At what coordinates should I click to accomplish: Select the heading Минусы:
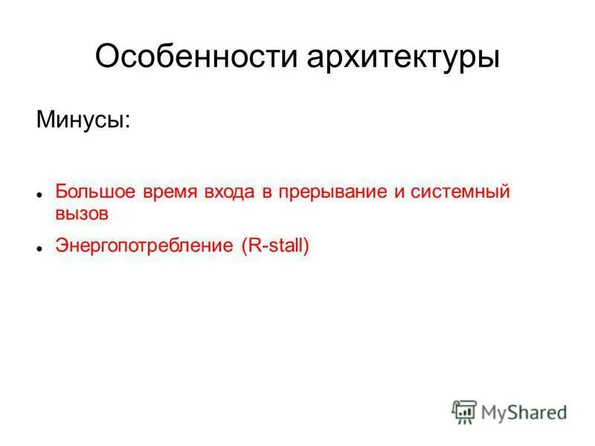coord(83,119)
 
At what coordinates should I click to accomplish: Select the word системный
coord(460,192)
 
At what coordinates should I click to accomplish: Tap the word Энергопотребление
coord(144,246)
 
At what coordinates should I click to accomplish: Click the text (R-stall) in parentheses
coord(274,246)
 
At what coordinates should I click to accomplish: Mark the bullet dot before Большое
coord(38,193)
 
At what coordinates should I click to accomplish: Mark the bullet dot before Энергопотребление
coord(38,248)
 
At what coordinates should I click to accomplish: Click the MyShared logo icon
coord(464,410)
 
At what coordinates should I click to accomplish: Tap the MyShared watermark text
coord(524,411)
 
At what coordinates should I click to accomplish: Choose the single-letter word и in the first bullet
coord(399,193)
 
